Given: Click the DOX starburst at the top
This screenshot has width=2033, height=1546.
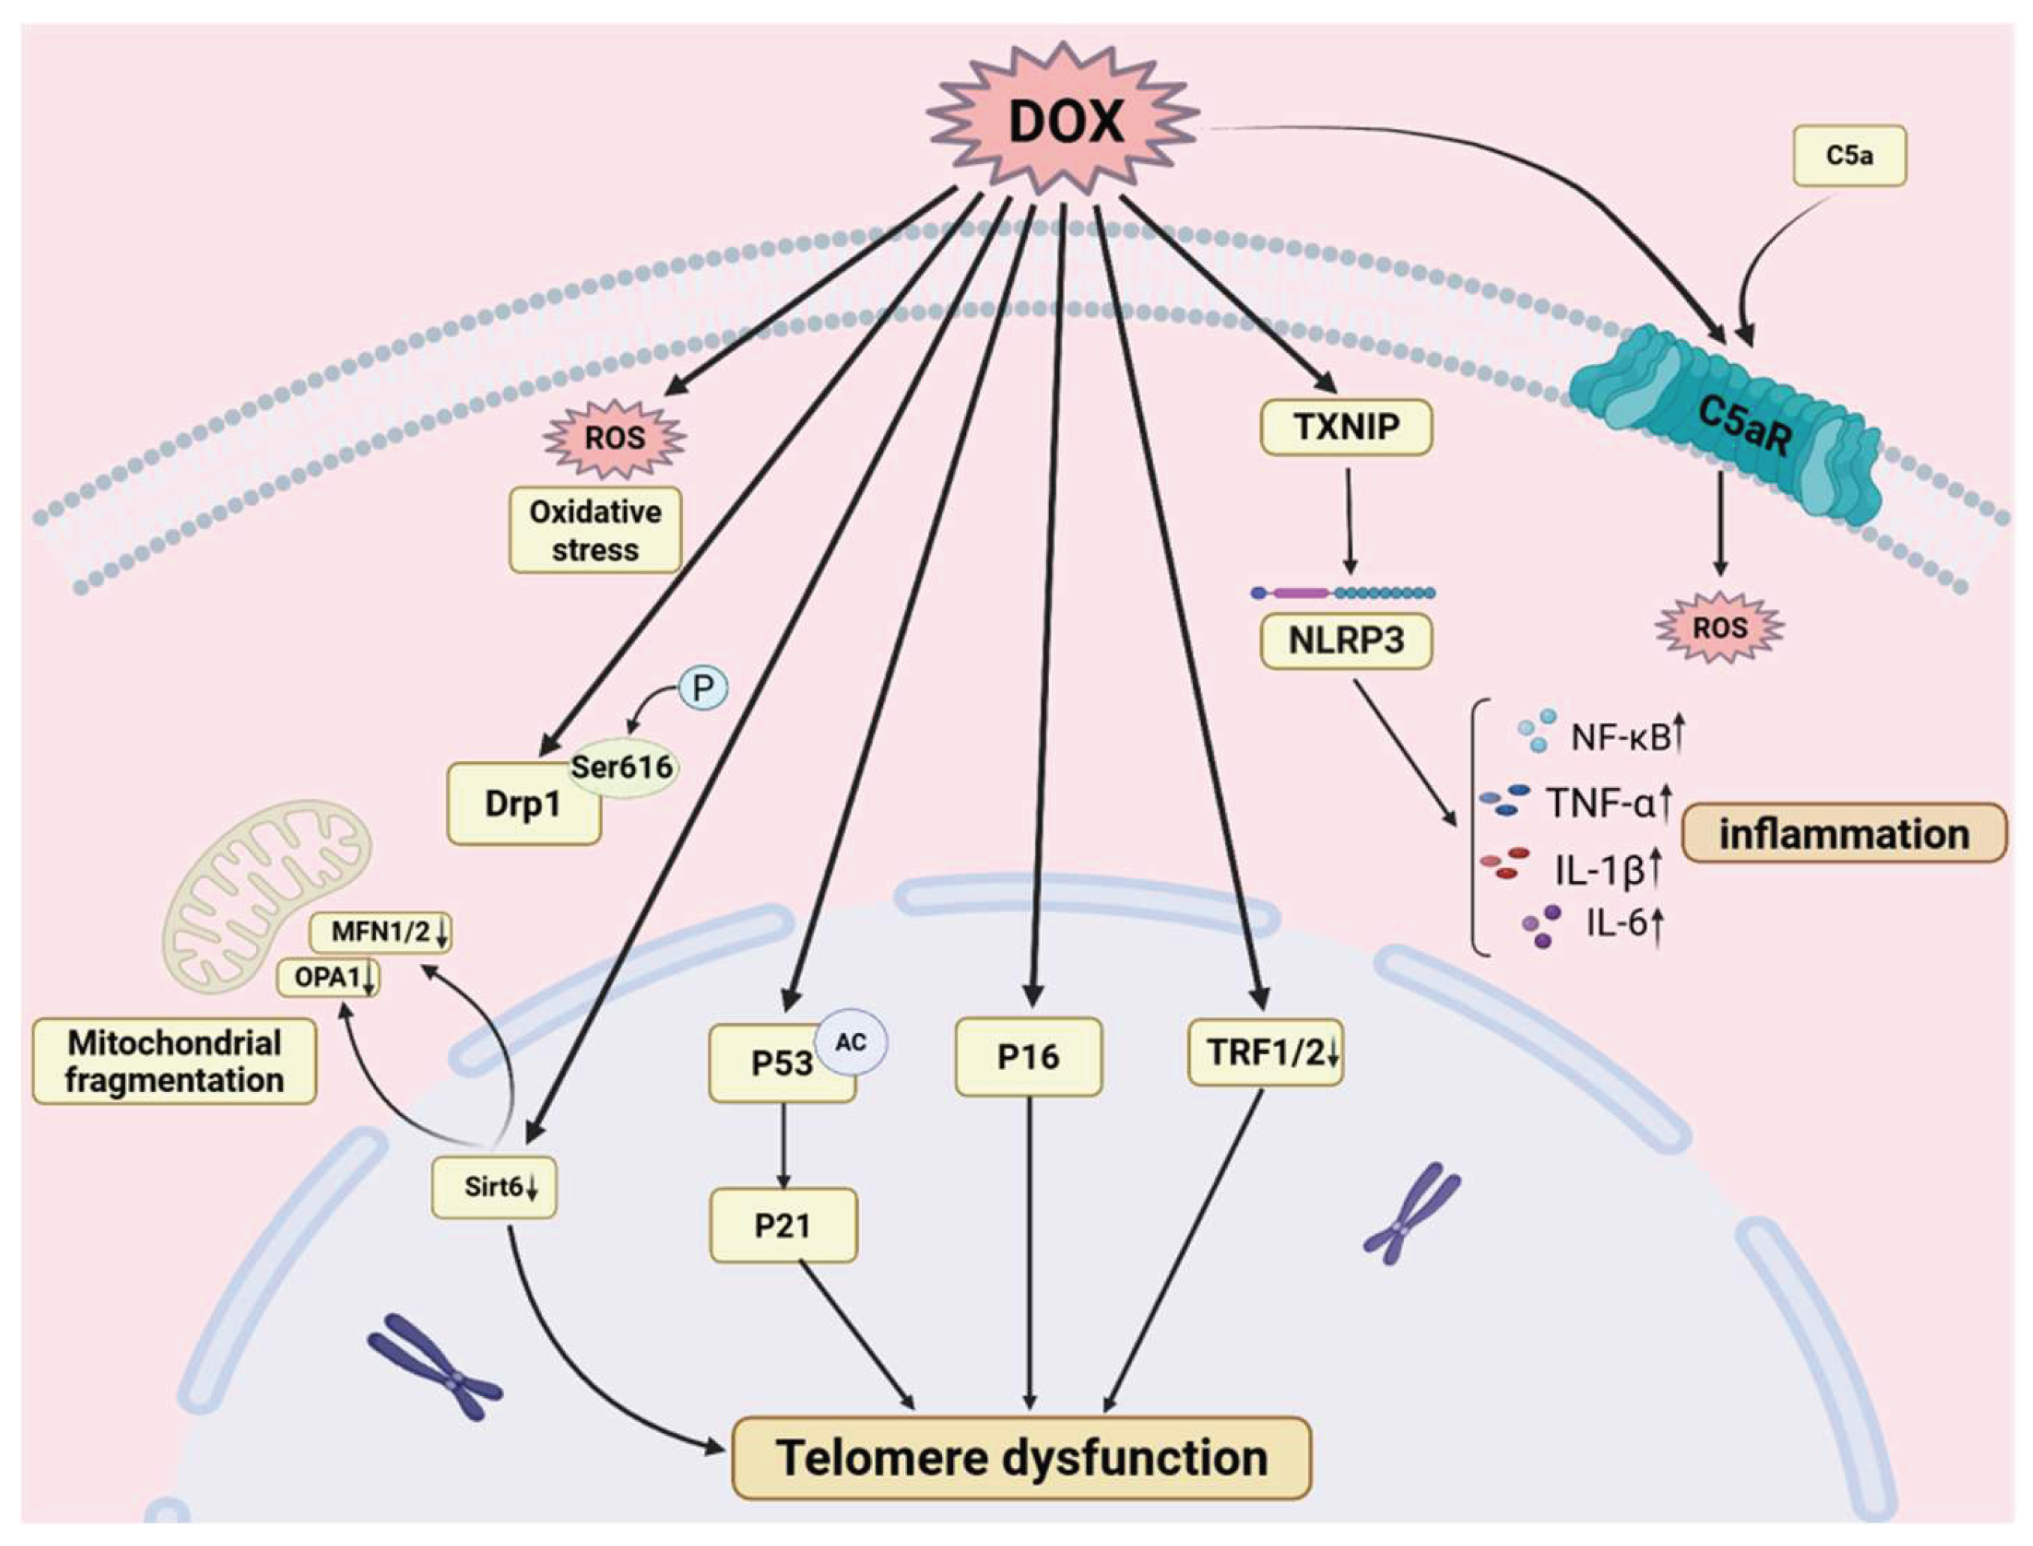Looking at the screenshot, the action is click(1063, 121).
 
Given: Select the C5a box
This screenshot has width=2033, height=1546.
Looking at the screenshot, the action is click(1849, 156).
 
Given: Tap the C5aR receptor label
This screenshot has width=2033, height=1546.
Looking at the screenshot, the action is click(1744, 426).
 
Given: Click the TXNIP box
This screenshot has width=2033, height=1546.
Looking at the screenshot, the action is click(1346, 426).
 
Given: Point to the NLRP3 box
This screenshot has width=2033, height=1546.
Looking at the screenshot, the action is click(1346, 640).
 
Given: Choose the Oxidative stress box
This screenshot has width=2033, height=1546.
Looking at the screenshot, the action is click(595, 530).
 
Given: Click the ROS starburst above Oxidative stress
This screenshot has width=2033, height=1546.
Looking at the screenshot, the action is click(615, 438).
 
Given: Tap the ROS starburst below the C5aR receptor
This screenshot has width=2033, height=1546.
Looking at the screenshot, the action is click(1719, 628).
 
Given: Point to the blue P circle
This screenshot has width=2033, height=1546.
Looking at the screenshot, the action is click(703, 688).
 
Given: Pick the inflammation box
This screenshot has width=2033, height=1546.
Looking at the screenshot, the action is click(1844, 833).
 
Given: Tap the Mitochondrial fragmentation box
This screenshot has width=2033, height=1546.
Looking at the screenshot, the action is click(174, 1061).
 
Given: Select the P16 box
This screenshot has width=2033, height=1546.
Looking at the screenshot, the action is click(1028, 1056).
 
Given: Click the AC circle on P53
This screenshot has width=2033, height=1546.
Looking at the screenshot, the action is click(851, 1042).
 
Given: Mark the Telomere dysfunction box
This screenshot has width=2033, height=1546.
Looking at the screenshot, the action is click(1021, 1458).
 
